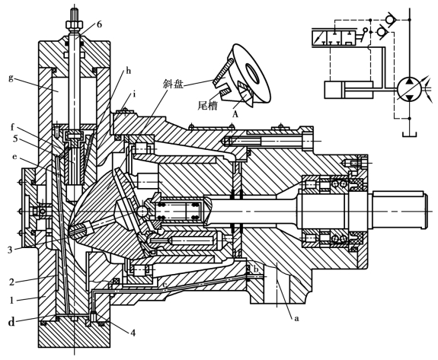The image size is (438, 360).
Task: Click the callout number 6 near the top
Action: tap(99, 24)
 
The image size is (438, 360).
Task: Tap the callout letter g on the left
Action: tap(11, 78)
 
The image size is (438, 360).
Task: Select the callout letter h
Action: tap(128, 71)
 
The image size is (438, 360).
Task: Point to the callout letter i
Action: tap(134, 94)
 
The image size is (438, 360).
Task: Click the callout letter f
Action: tap(12, 128)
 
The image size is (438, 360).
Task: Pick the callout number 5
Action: tap(16, 139)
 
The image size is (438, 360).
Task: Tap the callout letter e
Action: tap(14, 157)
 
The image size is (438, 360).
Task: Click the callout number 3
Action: tap(10, 250)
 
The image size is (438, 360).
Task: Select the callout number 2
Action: tap(11, 282)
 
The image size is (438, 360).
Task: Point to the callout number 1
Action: tap(11, 301)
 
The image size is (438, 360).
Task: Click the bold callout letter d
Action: tap(11, 323)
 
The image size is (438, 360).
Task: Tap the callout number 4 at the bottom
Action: tap(133, 333)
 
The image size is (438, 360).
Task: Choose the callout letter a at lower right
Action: tap(296, 318)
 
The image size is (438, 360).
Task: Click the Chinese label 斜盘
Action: tap(174, 84)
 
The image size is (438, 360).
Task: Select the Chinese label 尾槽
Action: tap(207, 105)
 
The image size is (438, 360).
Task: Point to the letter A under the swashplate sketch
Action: tap(235, 114)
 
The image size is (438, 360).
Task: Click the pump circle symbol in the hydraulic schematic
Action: tap(409, 90)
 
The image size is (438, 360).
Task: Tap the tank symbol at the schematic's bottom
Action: tap(410, 134)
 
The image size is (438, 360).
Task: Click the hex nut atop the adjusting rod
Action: tap(75, 24)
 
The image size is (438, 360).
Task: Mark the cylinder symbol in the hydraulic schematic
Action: tap(349, 90)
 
